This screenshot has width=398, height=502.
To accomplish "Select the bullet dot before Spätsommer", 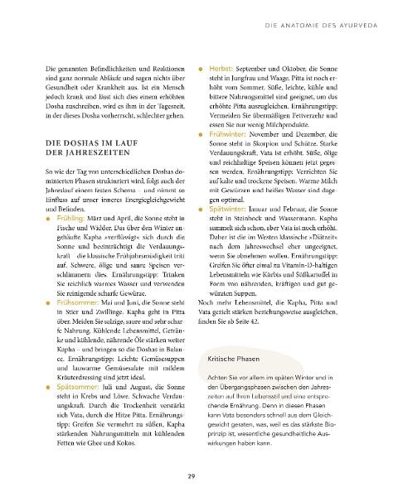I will pyautogui.click(x=49, y=386).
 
